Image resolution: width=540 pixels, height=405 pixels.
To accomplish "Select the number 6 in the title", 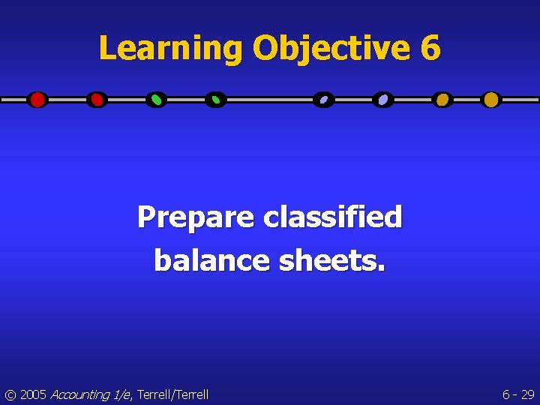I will [x=430, y=49].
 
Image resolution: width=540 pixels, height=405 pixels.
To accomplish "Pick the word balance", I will [x=212, y=260].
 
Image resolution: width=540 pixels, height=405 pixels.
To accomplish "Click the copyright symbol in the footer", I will [x=10, y=394].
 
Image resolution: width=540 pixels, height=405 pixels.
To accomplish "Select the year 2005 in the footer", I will [x=33, y=394].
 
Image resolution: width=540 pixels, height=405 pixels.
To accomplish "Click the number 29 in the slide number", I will [x=527, y=394].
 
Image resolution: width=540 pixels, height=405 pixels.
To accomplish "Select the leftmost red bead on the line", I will [x=37, y=100].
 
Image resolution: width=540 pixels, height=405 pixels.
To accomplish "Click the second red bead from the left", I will [x=97, y=100].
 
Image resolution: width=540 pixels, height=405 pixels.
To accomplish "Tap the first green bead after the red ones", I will [x=156, y=100].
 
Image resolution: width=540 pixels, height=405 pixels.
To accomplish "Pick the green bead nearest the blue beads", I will [x=216, y=100].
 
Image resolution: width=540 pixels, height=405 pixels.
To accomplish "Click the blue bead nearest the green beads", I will [x=323, y=100].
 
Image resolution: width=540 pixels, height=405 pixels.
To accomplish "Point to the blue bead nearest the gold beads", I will [x=383, y=100].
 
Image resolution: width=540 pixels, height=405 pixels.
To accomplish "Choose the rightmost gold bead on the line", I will [x=490, y=100].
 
